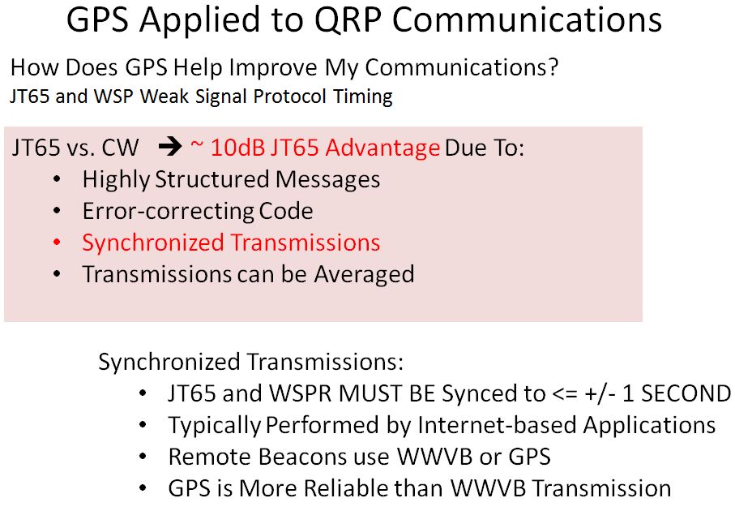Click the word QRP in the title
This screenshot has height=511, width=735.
point(348,19)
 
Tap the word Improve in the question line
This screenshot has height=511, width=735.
point(274,68)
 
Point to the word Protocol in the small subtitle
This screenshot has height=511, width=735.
point(289,97)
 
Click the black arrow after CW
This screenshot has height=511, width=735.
point(170,148)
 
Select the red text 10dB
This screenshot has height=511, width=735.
point(237,148)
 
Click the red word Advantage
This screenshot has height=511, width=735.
point(382,148)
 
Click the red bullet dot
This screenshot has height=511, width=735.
point(58,243)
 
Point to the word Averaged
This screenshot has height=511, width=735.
point(364,275)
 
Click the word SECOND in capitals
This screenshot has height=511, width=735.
point(686,393)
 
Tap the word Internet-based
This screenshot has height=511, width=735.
point(497,425)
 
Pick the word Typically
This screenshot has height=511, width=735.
point(214,427)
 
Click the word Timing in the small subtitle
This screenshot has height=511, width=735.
point(363,97)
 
